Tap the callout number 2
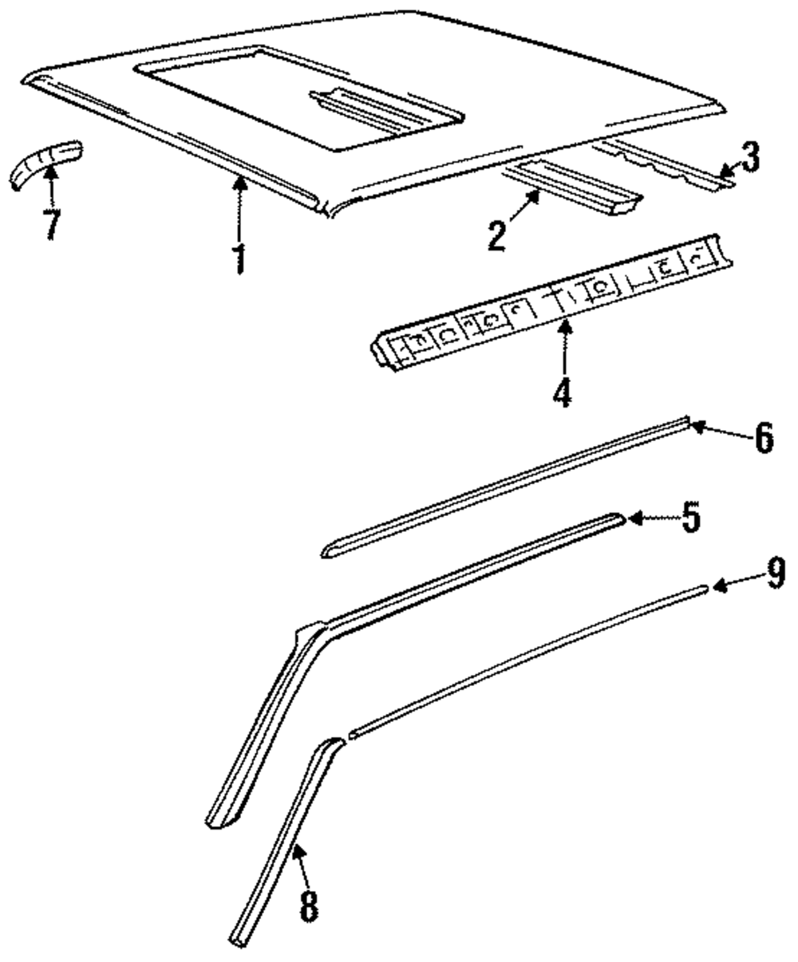(x=497, y=237)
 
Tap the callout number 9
(x=775, y=574)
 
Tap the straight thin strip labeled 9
(x=527, y=656)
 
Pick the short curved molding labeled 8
(x=287, y=838)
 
